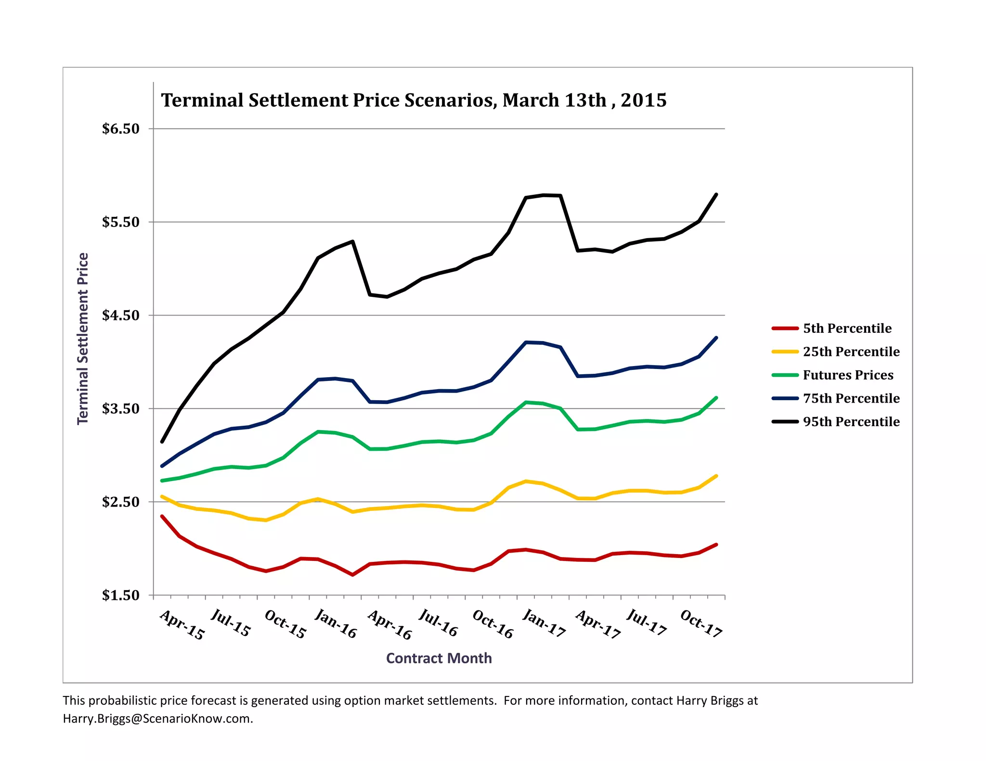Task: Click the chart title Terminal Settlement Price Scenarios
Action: (x=413, y=101)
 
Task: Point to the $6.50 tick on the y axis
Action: (x=120, y=129)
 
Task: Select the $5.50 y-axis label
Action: (x=120, y=222)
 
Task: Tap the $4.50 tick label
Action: (x=120, y=316)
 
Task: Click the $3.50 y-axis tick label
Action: (x=120, y=409)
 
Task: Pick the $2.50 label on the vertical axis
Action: (x=120, y=502)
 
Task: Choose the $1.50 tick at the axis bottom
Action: (x=120, y=596)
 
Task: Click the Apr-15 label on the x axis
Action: (x=182, y=625)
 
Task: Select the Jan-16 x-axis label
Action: (x=336, y=624)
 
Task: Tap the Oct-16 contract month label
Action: (x=493, y=624)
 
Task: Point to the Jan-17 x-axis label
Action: (x=544, y=624)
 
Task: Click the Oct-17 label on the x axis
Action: (x=701, y=624)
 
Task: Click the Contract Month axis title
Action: (x=439, y=658)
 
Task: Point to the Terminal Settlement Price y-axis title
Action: (x=83, y=338)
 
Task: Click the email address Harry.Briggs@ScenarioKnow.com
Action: (x=157, y=719)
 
